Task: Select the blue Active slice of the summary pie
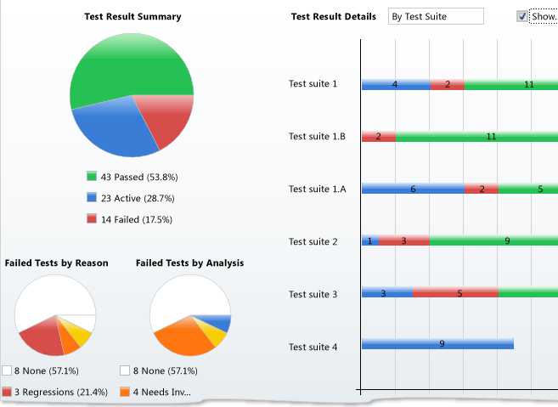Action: point(115,127)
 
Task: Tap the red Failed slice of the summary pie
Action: point(166,123)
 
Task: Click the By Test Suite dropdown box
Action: point(435,16)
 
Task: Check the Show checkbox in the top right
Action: point(521,16)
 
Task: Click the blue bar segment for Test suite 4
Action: point(437,344)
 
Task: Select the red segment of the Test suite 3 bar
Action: point(455,293)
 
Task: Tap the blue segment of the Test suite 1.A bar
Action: point(413,189)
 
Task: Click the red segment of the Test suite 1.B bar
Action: point(378,136)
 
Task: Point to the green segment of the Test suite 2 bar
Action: point(493,241)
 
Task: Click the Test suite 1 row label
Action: point(313,83)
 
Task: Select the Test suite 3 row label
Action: point(313,294)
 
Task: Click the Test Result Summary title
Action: point(132,16)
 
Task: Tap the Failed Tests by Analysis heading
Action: point(189,263)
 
